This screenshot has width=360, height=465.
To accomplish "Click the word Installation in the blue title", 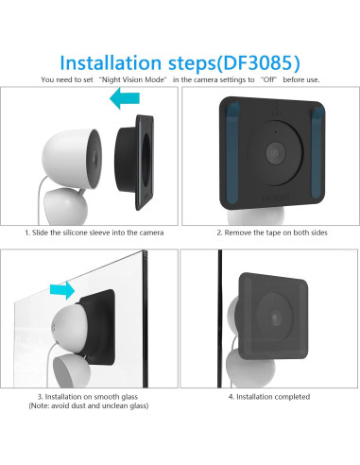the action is point(111,62).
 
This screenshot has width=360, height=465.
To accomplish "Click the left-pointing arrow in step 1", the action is point(125,98).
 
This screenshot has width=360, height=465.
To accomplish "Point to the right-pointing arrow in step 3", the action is point(62,290).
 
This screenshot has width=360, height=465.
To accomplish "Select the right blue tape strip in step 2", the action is point(317,153).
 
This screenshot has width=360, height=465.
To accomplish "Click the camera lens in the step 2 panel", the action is point(276,153).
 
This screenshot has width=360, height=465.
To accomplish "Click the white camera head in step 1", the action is point(72,159).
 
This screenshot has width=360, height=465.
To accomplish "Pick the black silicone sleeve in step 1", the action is point(134,163).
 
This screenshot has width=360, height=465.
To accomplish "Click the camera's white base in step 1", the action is point(65,206).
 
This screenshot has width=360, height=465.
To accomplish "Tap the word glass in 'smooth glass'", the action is point(129,397).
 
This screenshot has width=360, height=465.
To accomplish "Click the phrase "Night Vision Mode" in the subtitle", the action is point(132,79).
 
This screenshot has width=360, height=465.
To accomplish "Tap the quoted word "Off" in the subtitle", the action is point(268,79).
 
